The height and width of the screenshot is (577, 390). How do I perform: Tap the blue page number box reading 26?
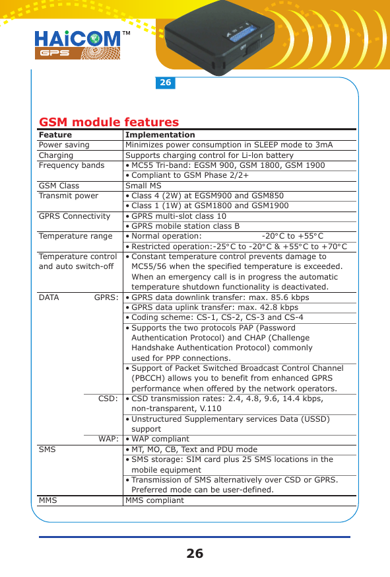[165, 83]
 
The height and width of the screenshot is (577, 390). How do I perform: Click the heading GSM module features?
[110, 122]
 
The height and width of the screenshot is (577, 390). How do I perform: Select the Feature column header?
[55, 135]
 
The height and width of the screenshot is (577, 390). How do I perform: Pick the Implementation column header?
[160, 135]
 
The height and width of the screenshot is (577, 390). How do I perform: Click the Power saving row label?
[64, 145]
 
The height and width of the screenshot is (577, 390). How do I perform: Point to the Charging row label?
[56, 155]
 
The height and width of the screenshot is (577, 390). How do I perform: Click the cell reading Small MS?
[143, 186]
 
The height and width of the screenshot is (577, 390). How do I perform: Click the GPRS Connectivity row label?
[75, 216]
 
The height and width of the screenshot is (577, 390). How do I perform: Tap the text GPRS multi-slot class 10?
[179, 216]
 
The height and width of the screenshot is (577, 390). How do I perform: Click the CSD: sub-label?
[108, 399]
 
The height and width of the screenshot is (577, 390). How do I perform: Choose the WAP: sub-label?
[108, 439]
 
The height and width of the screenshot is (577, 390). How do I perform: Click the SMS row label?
[48, 449]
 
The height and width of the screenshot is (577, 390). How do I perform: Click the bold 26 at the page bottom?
[195, 554]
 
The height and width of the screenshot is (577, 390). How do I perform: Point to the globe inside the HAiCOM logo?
[93, 38]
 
